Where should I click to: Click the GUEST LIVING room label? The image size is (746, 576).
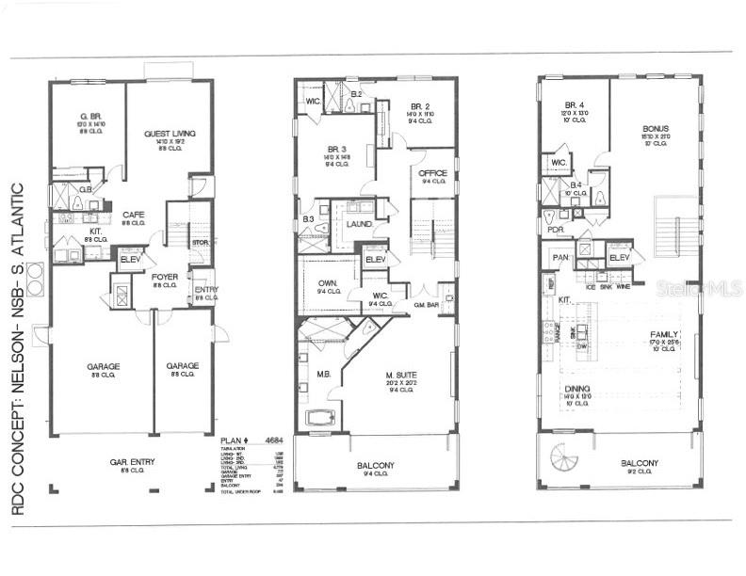(170, 135)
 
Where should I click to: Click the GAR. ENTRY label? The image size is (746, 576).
(132, 461)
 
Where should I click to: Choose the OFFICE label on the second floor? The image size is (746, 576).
(432, 172)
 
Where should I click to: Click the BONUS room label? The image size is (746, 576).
(656, 129)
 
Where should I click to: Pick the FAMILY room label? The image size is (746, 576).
(664, 334)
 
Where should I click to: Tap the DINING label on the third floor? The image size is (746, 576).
(576, 387)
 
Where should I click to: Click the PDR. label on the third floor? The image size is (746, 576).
(554, 229)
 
